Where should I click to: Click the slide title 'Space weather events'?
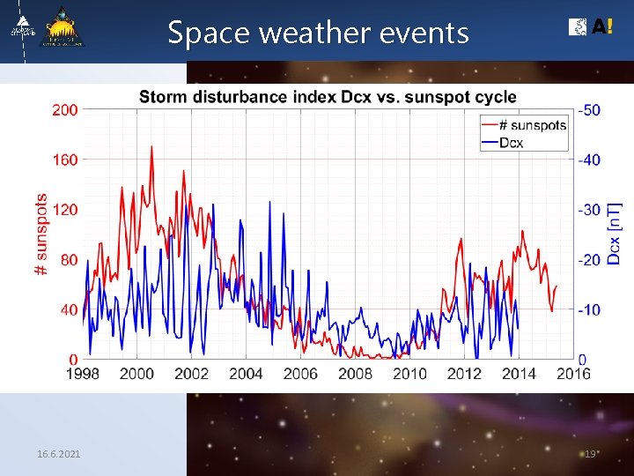pyautogui.click(x=318, y=33)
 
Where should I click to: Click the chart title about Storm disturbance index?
pyautogui.click(x=328, y=96)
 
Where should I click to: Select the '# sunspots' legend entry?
pyautogui.click(x=532, y=125)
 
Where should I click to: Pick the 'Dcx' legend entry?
pyautogui.click(x=511, y=142)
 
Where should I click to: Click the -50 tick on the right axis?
pyautogui.click(x=590, y=109)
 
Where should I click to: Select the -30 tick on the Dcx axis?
pyautogui.click(x=590, y=210)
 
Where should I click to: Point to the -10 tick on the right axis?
pyautogui.click(x=590, y=310)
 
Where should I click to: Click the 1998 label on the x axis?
pyautogui.click(x=82, y=374)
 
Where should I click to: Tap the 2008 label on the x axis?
pyautogui.click(x=355, y=374)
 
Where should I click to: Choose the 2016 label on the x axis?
pyautogui.click(x=573, y=374)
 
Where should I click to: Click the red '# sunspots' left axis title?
pyautogui.click(x=41, y=234)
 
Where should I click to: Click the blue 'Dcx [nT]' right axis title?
pyautogui.click(x=615, y=234)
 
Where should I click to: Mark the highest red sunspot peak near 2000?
pyautogui.click(x=151, y=147)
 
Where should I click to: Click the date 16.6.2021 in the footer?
pyautogui.click(x=59, y=453)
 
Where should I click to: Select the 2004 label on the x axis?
pyautogui.click(x=246, y=374)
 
